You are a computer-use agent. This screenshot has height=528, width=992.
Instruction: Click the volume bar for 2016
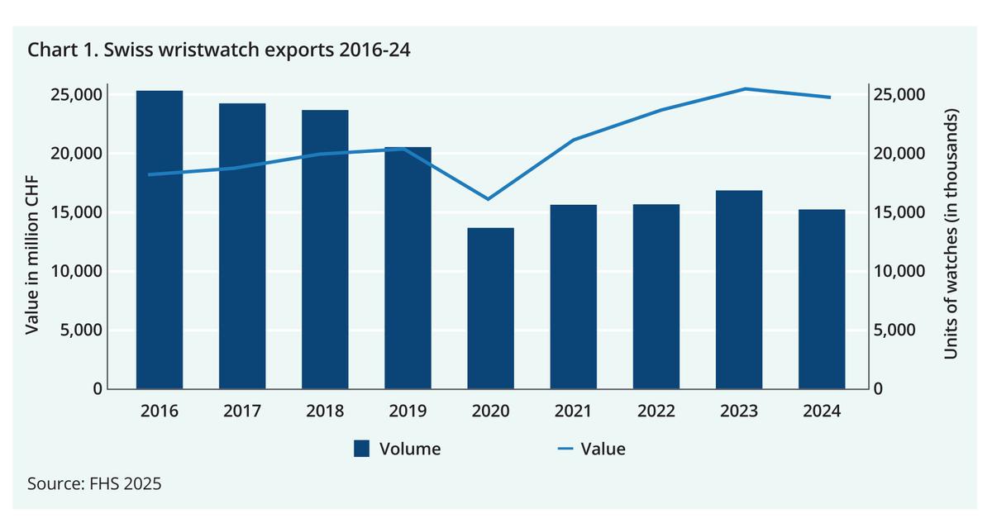(x=160, y=240)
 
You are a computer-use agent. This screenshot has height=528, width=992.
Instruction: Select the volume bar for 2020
(x=490, y=308)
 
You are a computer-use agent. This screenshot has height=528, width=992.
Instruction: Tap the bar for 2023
(x=738, y=289)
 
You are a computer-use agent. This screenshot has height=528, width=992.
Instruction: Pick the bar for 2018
(x=325, y=249)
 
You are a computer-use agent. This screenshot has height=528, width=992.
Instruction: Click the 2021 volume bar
(x=573, y=297)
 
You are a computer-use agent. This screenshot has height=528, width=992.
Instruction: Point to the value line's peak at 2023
(x=743, y=88)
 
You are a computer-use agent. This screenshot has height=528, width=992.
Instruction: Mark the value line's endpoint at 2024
(x=830, y=98)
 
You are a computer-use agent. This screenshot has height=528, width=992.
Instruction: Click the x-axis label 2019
(x=408, y=411)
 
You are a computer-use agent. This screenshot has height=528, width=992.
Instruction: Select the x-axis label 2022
(x=656, y=411)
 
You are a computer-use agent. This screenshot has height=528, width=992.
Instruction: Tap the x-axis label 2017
(x=242, y=411)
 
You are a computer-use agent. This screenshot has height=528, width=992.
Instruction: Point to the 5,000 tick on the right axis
(x=896, y=330)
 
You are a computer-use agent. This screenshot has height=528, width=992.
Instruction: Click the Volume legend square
(x=361, y=449)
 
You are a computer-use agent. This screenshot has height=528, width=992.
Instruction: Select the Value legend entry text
(x=603, y=449)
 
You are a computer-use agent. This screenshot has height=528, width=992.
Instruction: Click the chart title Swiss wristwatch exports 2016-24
(x=219, y=50)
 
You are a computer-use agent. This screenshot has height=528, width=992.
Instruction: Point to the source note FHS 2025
(x=94, y=483)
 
